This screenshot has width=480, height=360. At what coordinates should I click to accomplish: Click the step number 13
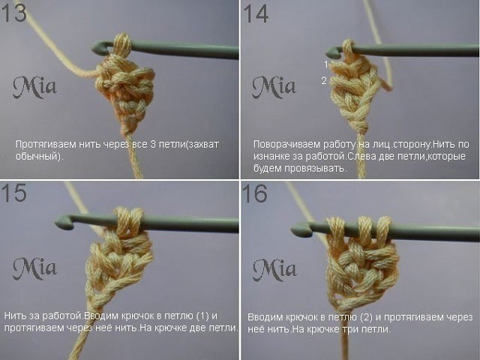click(15, 13)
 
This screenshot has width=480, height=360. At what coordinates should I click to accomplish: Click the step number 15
click(15, 193)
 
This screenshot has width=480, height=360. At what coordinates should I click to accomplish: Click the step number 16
click(256, 194)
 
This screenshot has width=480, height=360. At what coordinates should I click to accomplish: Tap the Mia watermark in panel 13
click(34, 88)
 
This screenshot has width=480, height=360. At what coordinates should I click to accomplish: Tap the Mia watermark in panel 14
click(274, 87)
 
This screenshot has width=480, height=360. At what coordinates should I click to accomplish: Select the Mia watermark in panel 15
click(34, 268)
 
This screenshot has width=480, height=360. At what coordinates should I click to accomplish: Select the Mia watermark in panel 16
click(274, 268)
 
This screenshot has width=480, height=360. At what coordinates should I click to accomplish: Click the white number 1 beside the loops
click(326, 64)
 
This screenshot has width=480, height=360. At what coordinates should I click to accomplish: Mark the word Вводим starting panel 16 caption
click(261, 317)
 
